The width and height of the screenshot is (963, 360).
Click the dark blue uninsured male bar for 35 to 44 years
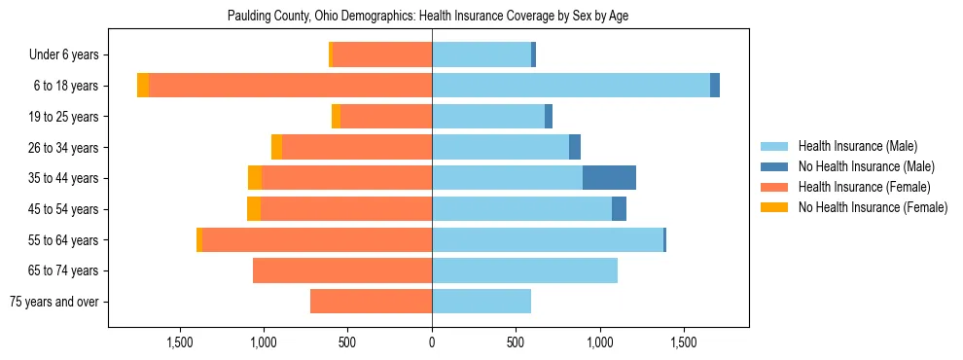tap(609, 178)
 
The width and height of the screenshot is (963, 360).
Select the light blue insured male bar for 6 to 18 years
tap(571, 86)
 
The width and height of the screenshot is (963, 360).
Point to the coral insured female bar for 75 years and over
tap(371, 302)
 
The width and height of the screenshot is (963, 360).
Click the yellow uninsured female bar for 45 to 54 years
tap(254, 209)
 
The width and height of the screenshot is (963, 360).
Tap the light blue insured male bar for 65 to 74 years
tap(524, 270)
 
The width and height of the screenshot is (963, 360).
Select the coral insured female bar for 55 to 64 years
tap(317, 240)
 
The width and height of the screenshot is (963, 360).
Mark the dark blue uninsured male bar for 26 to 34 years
tap(575, 147)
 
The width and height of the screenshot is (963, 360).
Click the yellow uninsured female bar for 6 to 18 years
tap(143, 86)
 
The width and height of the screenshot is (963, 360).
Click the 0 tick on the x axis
tap(432, 342)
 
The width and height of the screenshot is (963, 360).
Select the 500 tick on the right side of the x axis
tap(516, 342)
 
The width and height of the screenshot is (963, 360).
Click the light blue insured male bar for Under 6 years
tap(481, 54)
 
